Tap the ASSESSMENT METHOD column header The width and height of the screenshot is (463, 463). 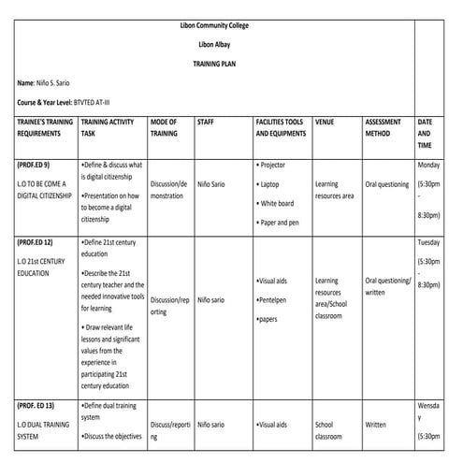[383, 128]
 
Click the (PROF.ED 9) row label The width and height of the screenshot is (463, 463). [36, 164]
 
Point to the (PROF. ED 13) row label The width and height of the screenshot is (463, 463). [38, 405]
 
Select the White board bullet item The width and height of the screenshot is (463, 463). [277, 203]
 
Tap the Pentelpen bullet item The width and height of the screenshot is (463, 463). [274, 299]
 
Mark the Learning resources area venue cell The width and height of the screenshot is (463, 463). [334, 190]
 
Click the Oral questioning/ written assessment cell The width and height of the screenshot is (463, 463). [387, 285]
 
